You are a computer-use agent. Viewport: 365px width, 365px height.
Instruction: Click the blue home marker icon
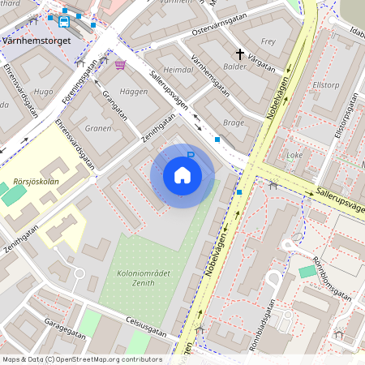click(x=182, y=175)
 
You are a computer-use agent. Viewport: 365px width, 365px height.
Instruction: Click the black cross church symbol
click(x=239, y=54)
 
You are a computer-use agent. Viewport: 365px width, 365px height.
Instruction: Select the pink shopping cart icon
click(x=120, y=65)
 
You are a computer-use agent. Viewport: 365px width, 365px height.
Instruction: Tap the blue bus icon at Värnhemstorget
click(x=64, y=21)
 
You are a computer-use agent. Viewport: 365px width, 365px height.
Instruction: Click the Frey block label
click(x=268, y=41)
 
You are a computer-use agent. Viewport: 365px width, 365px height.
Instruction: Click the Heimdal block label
click(x=178, y=71)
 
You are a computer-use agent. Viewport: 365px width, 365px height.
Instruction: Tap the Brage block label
click(x=233, y=122)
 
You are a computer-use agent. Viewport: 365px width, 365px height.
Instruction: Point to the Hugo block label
click(x=44, y=92)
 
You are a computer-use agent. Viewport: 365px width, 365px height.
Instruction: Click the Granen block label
click(x=98, y=128)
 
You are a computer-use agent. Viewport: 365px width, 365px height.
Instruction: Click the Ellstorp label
click(x=325, y=84)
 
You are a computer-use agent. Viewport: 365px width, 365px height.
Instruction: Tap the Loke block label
click(x=294, y=154)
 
